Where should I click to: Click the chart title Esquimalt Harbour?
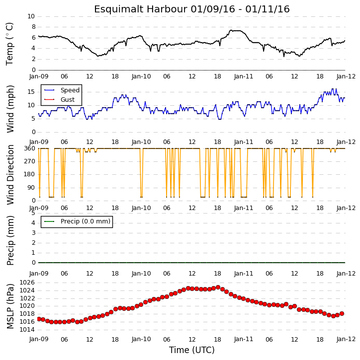pos(141,9)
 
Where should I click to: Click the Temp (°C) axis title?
pos(9,44)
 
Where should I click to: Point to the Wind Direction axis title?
pos(10,175)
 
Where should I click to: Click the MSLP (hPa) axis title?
pos(10,306)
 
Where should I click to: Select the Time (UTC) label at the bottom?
pos(192,350)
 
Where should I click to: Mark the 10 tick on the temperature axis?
pos(31,16)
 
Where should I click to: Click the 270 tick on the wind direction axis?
pos(30,161)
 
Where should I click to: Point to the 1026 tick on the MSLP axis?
pos(27,283)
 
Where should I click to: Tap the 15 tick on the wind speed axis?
pos(31,92)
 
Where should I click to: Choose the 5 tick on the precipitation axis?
pos(33,213)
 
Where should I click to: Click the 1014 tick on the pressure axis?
pos(27,330)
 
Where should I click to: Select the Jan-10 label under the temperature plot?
pos(141,76)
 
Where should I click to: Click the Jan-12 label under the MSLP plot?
pos(346,339)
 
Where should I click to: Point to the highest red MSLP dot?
pos(218,287)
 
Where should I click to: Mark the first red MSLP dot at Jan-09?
pos(39,319)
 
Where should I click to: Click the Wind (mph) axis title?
pos(10,109)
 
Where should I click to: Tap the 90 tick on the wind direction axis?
pos(31,188)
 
